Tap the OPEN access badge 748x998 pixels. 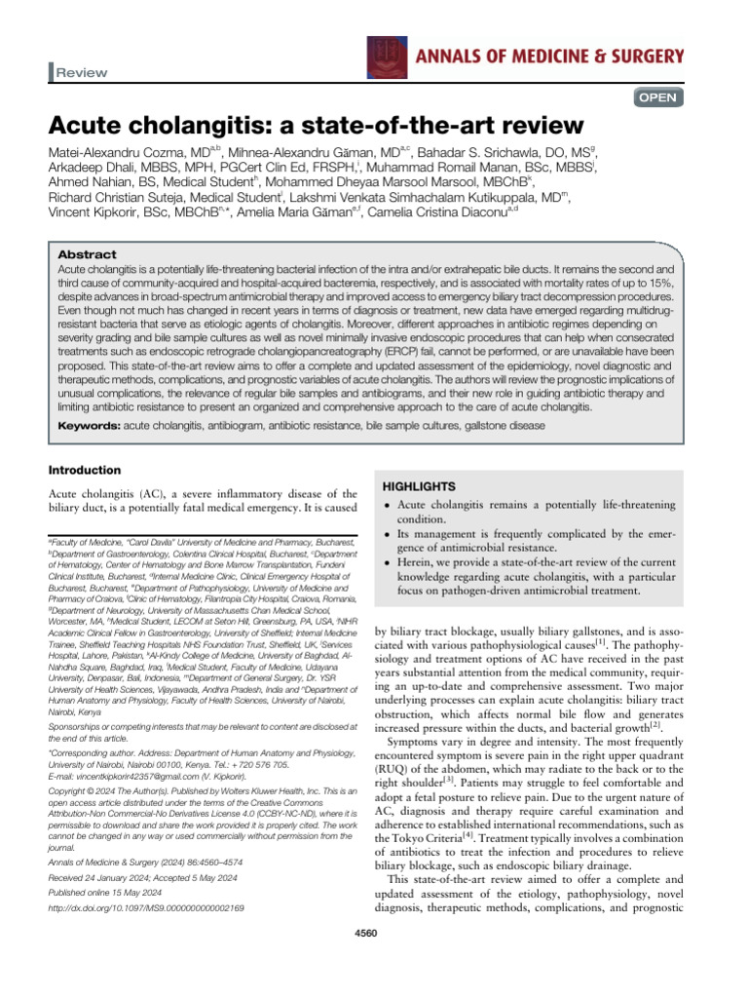(660, 97)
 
